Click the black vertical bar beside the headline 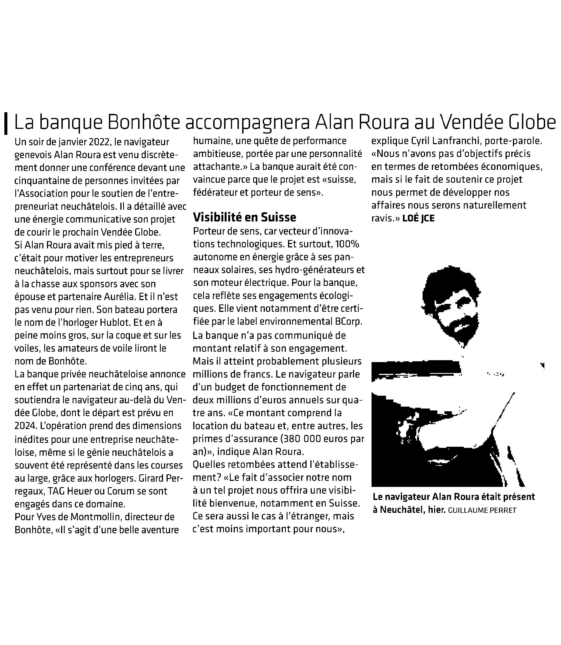tap(6, 123)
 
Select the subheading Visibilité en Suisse tap(245, 217)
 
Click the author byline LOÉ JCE tap(418, 218)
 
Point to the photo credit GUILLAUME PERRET tap(482, 510)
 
